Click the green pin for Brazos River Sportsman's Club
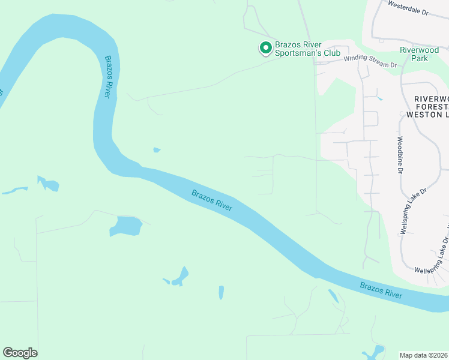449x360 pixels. coord(265,47)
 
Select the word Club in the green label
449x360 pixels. coord(332,53)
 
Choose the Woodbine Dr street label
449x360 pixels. coord(399,155)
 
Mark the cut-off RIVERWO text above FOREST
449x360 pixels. coord(431,98)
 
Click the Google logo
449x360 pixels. coord(20,353)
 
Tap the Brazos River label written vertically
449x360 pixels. coord(108,77)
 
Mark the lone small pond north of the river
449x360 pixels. coord(157,150)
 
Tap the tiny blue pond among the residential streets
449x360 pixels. coord(380,97)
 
